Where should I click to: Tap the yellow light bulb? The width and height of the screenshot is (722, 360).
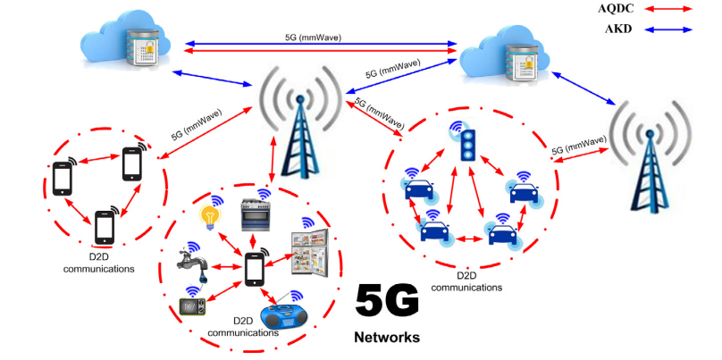tap(210, 215)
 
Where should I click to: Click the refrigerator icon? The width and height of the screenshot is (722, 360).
tap(310, 253)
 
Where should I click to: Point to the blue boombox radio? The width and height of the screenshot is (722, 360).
tap(287, 317)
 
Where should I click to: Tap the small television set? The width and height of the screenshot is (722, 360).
tap(193, 306)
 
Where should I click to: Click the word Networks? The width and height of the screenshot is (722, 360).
tap(386, 338)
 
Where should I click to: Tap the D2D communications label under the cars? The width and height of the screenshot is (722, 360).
tap(466, 282)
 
